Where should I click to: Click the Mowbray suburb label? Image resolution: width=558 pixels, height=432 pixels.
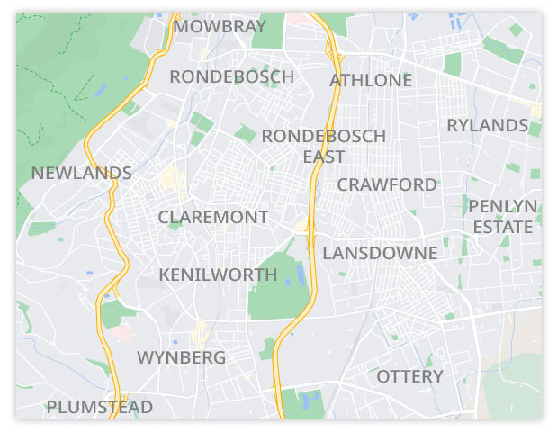point(220,26)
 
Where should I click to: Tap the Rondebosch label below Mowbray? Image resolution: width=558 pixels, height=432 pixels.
point(231,76)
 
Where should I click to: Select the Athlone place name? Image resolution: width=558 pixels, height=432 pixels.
point(371,80)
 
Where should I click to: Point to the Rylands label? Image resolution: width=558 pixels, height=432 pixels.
point(487,125)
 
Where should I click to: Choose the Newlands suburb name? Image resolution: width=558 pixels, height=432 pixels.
point(81,173)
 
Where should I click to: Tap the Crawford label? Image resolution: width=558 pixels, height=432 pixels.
point(387,184)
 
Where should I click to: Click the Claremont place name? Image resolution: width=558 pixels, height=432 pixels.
point(213,217)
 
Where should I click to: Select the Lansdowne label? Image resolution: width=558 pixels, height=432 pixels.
point(380,253)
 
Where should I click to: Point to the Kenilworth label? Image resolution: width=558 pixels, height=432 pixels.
point(218,274)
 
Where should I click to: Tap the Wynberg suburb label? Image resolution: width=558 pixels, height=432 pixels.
point(181,357)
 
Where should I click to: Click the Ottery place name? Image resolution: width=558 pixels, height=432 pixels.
point(409,375)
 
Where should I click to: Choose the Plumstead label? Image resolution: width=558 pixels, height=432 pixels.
point(99,407)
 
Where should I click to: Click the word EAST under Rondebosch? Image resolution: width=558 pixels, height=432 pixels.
point(323,157)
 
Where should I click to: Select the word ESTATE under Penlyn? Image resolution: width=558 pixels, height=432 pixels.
point(503,227)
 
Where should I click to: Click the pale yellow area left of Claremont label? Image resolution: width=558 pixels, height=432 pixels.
point(171,180)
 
